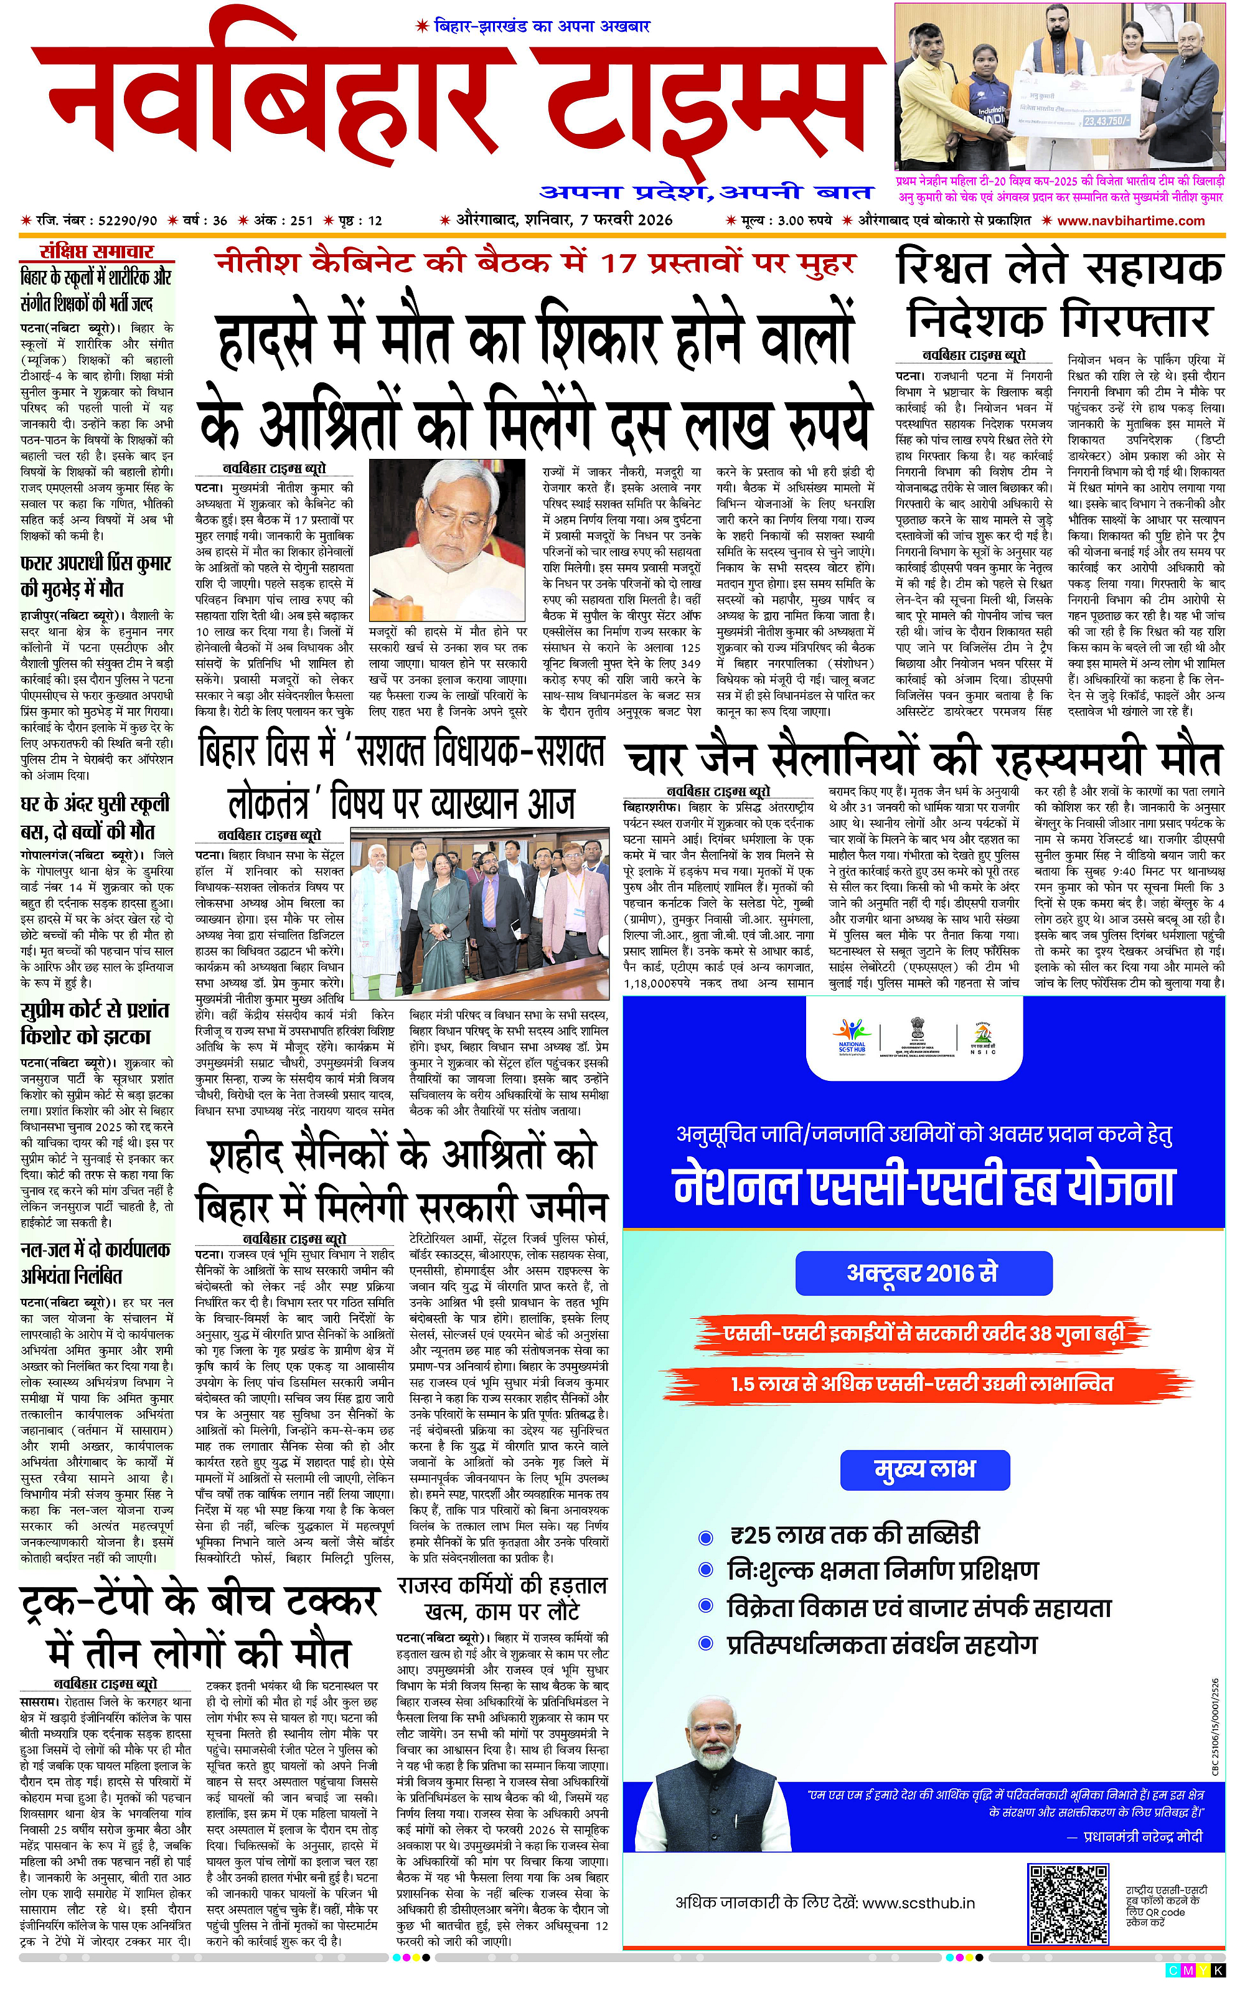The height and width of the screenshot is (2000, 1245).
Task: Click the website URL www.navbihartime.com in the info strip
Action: (1130, 220)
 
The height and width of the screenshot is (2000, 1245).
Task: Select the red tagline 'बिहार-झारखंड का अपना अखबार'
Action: (533, 26)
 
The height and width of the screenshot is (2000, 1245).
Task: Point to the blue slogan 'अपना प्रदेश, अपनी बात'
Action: (706, 192)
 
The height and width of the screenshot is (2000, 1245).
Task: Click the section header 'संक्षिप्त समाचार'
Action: (97, 252)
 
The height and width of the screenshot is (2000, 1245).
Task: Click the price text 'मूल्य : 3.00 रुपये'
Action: (779, 220)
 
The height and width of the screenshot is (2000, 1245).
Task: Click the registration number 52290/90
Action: (127, 220)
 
